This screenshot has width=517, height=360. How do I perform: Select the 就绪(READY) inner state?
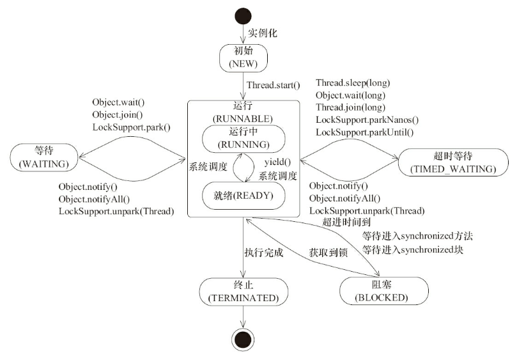point(242,196)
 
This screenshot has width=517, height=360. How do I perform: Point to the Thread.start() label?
point(274,84)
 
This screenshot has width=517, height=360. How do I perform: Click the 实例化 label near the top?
point(262,32)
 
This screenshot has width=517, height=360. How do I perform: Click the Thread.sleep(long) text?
point(353,83)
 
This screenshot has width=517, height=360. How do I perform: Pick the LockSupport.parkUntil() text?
point(365,132)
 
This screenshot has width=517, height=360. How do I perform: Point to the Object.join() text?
point(117,114)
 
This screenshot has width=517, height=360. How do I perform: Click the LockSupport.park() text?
point(132,127)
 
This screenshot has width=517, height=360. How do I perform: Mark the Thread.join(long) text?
point(350,108)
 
